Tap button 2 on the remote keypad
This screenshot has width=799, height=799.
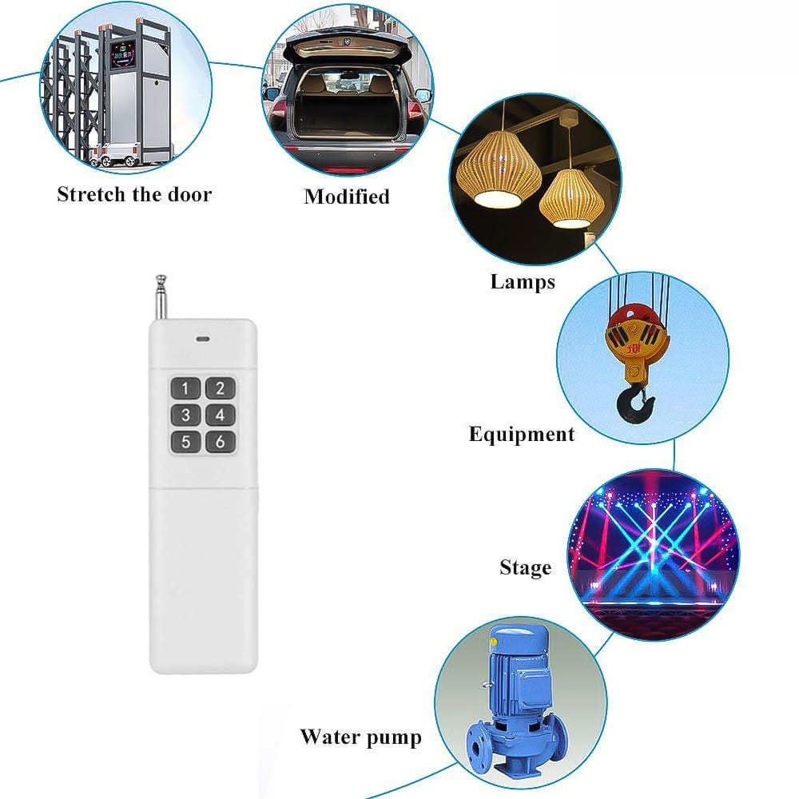pos(220,389)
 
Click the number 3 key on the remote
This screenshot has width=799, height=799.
pos(186,415)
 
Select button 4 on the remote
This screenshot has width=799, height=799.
pos(220,415)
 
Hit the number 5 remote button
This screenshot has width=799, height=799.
pos(186,441)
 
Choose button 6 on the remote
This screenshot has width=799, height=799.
pos(220,441)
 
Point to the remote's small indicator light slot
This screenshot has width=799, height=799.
pos(203,337)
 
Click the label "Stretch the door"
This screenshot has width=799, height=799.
pos(134,194)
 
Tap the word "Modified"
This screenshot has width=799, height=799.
pos(347,197)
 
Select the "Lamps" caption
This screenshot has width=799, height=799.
pos(523,281)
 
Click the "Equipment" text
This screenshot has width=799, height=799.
pos(521,435)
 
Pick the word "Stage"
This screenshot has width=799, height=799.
pos(525,568)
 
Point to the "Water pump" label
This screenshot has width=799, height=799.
pos(360,736)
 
